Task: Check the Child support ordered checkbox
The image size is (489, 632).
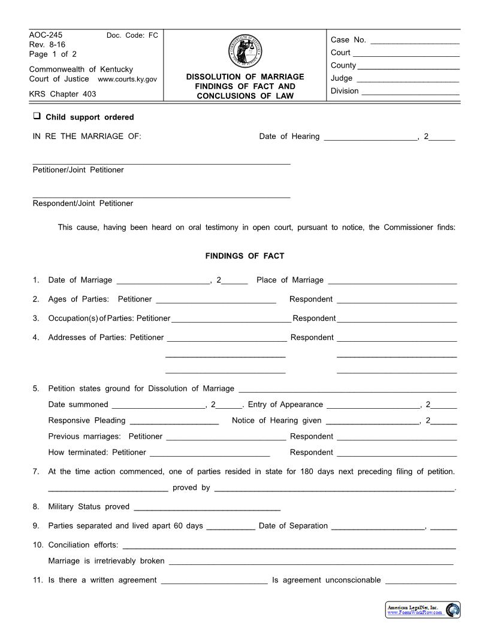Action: tap(37, 116)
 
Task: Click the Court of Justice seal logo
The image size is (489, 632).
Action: tap(244, 51)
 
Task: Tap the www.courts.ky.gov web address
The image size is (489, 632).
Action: tap(127, 79)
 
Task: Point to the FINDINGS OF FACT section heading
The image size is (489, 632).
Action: tap(244, 256)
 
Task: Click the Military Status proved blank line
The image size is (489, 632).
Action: tap(207, 509)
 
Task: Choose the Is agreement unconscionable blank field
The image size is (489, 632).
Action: tap(421, 582)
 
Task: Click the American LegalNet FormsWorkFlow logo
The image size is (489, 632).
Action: tap(423, 610)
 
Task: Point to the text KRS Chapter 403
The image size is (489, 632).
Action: tap(62, 94)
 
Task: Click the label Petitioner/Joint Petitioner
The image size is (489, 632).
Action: tap(78, 170)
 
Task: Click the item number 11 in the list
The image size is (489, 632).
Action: tap(38, 580)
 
